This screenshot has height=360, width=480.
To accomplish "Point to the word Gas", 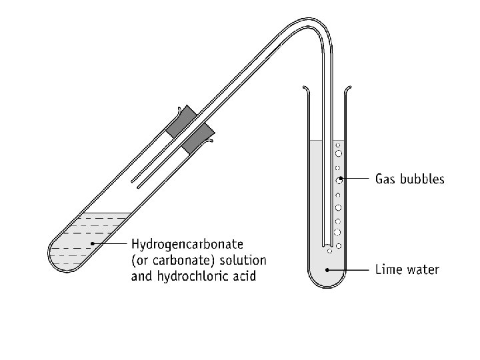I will coord(387,179).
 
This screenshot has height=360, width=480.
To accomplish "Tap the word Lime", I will coord(389,269).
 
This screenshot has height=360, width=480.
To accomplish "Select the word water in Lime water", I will coord(424,269).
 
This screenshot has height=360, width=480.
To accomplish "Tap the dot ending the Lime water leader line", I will coord(327,269).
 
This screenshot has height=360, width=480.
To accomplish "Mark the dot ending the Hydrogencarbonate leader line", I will coord(92,244).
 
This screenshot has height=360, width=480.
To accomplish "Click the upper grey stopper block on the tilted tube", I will coord(182,120).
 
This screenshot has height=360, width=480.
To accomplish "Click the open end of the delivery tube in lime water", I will coord(326,243).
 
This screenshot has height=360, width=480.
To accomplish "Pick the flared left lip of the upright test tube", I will coord(305,90).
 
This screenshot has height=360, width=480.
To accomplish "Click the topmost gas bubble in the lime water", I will coord(338,144).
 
